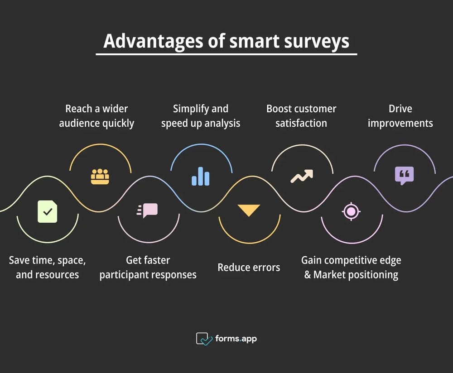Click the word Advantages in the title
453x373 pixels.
point(154,41)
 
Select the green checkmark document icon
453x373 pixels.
point(48,211)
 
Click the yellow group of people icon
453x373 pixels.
point(100,177)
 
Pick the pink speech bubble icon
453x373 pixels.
point(147,210)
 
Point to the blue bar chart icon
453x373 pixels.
point(201,176)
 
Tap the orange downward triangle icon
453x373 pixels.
point(249,210)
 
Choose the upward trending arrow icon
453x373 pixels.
point(302,176)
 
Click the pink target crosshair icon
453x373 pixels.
point(351,211)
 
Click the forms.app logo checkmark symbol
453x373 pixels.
point(204,339)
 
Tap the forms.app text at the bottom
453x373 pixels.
point(236,339)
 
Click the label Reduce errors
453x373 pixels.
point(249,268)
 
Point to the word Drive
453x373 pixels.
point(400,109)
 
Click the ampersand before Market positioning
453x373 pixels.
point(308,275)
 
